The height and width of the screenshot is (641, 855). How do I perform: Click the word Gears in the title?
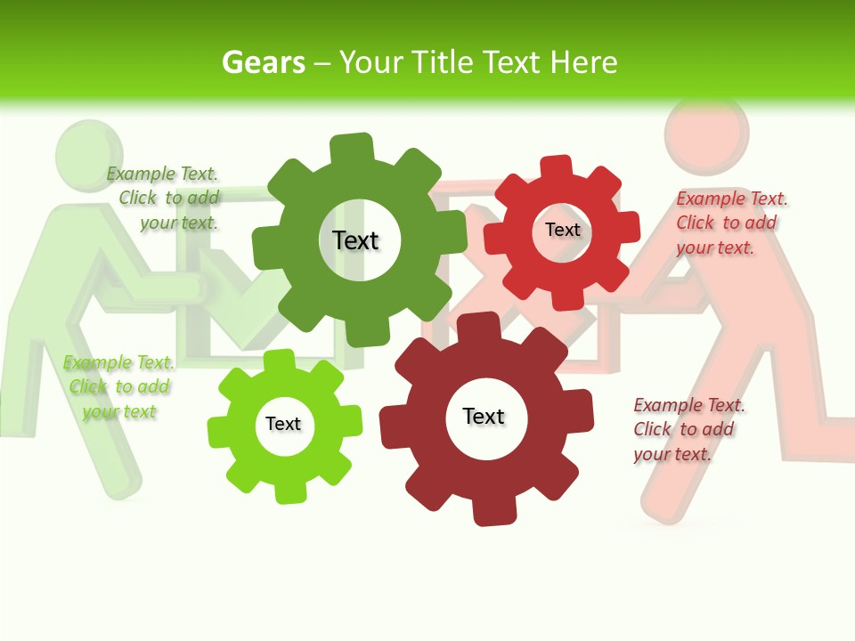click(264, 62)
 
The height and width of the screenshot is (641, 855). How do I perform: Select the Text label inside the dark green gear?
click(355, 240)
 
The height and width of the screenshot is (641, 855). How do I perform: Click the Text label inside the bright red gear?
click(562, 230)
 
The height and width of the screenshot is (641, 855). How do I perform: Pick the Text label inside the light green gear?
click(283, 424)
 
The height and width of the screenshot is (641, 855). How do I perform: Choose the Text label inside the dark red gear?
click(483, 417)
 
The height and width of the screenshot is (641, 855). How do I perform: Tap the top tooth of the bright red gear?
click(557, 166)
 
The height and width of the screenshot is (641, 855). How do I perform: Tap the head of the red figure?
click(705, 132)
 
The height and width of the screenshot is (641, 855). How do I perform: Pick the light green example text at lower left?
click(118, 386)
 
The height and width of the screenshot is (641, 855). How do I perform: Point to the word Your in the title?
click(372, 62)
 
